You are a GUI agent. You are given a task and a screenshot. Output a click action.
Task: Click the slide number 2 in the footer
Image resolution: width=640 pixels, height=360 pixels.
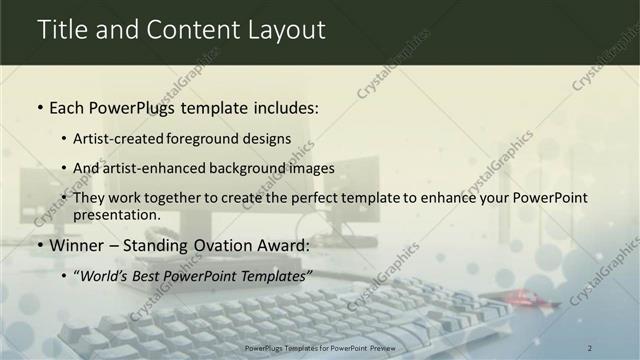tap(590, 347)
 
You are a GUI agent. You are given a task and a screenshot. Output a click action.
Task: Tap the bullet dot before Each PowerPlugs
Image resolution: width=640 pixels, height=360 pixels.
tap(39, 107)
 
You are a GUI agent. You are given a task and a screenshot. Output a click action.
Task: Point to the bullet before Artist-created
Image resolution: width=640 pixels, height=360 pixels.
tap(65, 140)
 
